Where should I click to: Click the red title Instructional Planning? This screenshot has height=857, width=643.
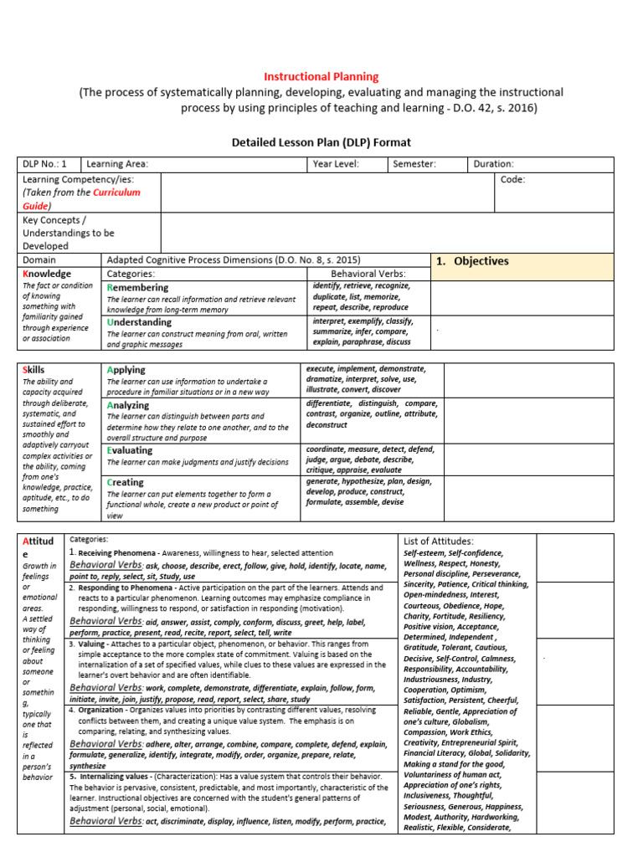click(x=321, y=77)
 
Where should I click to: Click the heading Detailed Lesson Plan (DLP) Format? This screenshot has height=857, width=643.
click(x=321, y=143)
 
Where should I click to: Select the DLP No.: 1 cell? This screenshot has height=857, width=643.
click(x=45, y=165)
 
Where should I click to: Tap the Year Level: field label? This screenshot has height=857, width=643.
click(x=336, y=165)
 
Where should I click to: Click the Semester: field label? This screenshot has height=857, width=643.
click(x=414, y=165)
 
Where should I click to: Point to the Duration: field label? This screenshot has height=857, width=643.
click(x=494, y=165)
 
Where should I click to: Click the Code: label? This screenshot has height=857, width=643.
click(x=512, y=180)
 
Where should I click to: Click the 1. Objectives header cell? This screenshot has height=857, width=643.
click(x=472, y=261)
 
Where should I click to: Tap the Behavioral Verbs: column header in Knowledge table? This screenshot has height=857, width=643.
click(x=368, y=274)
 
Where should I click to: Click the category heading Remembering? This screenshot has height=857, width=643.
click(x=137, y=287)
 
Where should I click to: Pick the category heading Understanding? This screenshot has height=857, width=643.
click(x=139, y=321)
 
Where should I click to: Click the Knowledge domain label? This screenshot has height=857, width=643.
click(x=47, y=274)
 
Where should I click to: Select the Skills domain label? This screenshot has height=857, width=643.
click(x=34, y=369)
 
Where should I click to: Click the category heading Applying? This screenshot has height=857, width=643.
click(x=126, y=369)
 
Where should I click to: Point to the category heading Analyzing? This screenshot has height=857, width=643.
click(x=128, y=404)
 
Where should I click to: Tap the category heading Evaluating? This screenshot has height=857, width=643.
click(x=130, y=449)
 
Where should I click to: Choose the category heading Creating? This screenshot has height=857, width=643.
click(x=126, y=482)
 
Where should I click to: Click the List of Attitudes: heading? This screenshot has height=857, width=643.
click(x=438, y=541)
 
